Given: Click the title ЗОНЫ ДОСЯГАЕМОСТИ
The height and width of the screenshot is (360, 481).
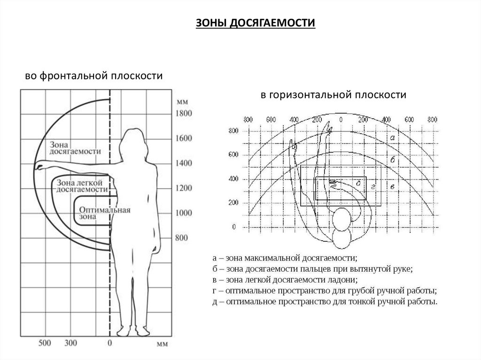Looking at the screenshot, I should coord(255,23).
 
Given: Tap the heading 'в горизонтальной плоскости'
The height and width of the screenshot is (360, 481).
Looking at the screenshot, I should coord(334,95).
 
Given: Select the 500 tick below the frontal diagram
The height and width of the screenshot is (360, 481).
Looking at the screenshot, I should coord(45,343).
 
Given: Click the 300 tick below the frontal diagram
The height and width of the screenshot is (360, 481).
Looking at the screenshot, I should coord(70,343).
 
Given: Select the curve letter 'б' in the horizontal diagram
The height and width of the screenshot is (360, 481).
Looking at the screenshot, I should coord(392,161).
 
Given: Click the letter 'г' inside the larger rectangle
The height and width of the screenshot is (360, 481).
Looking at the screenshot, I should coord(372,187).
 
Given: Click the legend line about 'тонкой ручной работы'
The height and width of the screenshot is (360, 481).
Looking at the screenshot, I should coord(325,301).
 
